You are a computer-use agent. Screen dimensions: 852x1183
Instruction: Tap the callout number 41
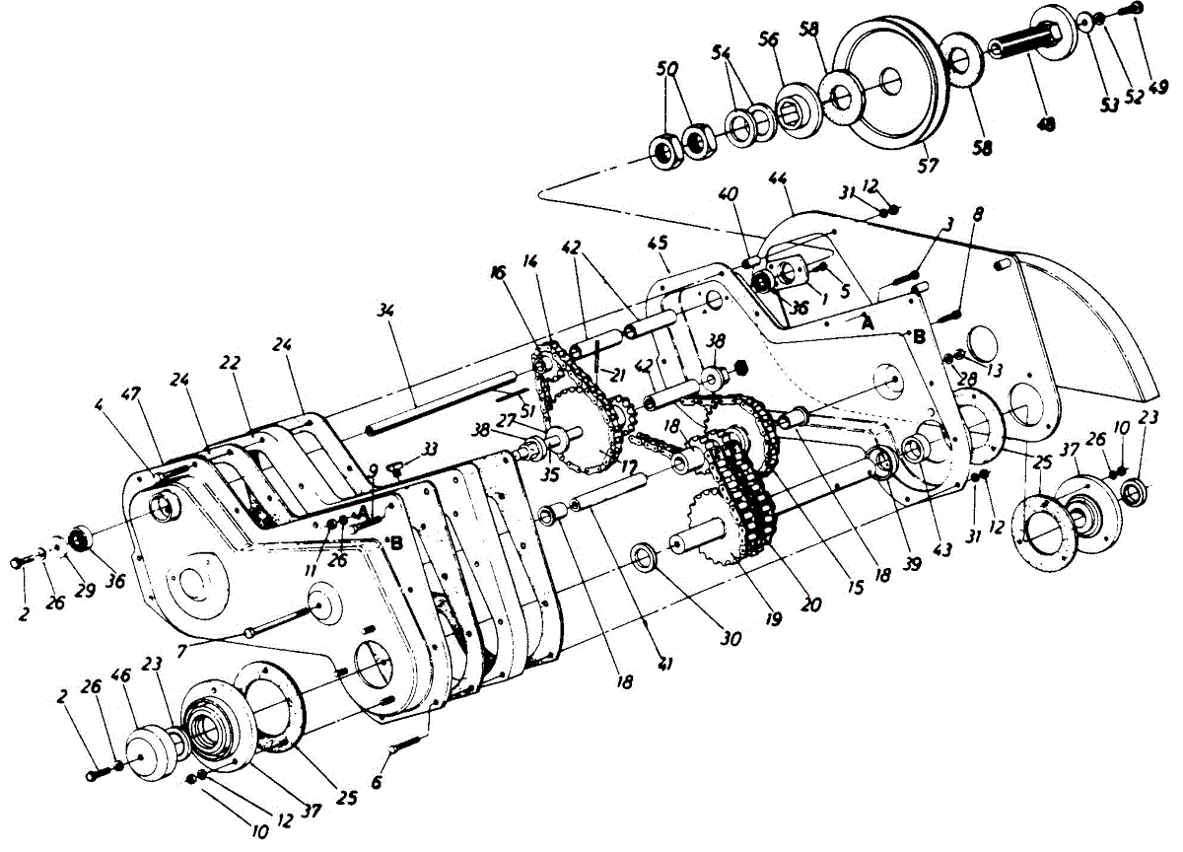(x=666, y=666)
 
